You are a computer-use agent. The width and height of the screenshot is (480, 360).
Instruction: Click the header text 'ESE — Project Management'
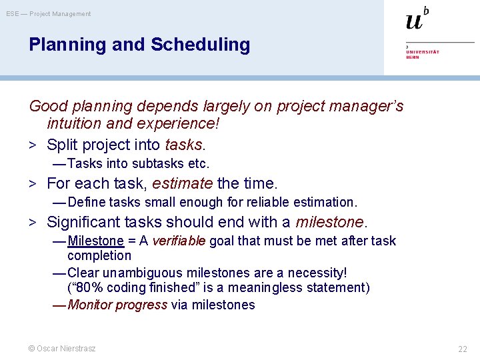pyautogui.click(x=49, y=14)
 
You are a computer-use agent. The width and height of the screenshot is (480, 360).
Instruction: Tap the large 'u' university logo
pyautogui.click(x=415, y=21)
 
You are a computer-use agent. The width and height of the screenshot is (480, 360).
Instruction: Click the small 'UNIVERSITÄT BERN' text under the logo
pyautogui.click(x=423, y=54)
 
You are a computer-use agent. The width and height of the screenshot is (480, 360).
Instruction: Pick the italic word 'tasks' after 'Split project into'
pyautogui.click(x=183, y=145)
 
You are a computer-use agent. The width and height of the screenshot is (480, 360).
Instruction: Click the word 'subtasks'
pyautogui.click(x=159, y=163)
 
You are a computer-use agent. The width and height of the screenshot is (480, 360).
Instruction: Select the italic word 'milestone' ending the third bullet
pyautogui.click(x=329, y=222)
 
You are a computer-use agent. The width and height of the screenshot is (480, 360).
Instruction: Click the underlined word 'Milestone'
pyautogui.click(x=95, y=241)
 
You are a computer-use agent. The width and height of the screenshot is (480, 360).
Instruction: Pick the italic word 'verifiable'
pyautogui.click(x=179, y=241)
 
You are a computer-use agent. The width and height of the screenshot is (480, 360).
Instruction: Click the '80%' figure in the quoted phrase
pyautogui.click(x=88, y=287)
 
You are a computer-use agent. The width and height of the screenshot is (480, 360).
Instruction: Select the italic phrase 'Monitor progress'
pyautogui.click(x=117, y=305)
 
